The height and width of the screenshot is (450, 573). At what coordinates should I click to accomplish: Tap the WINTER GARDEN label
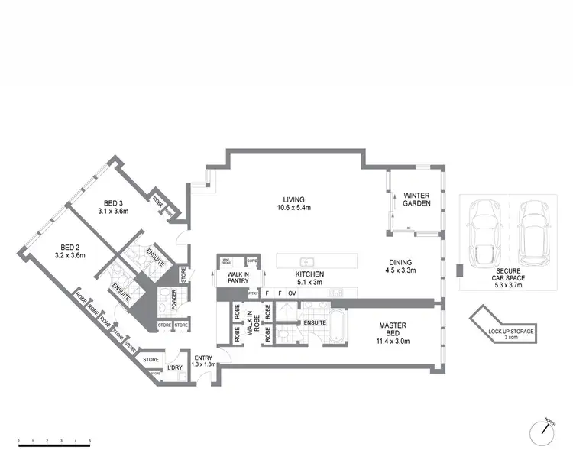(417, 200)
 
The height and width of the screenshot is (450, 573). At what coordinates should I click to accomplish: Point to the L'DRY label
(175, 367)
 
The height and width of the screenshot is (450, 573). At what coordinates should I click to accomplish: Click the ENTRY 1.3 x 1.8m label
(204, 361)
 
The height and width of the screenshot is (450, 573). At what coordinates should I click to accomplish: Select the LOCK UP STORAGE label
(511, 334)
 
